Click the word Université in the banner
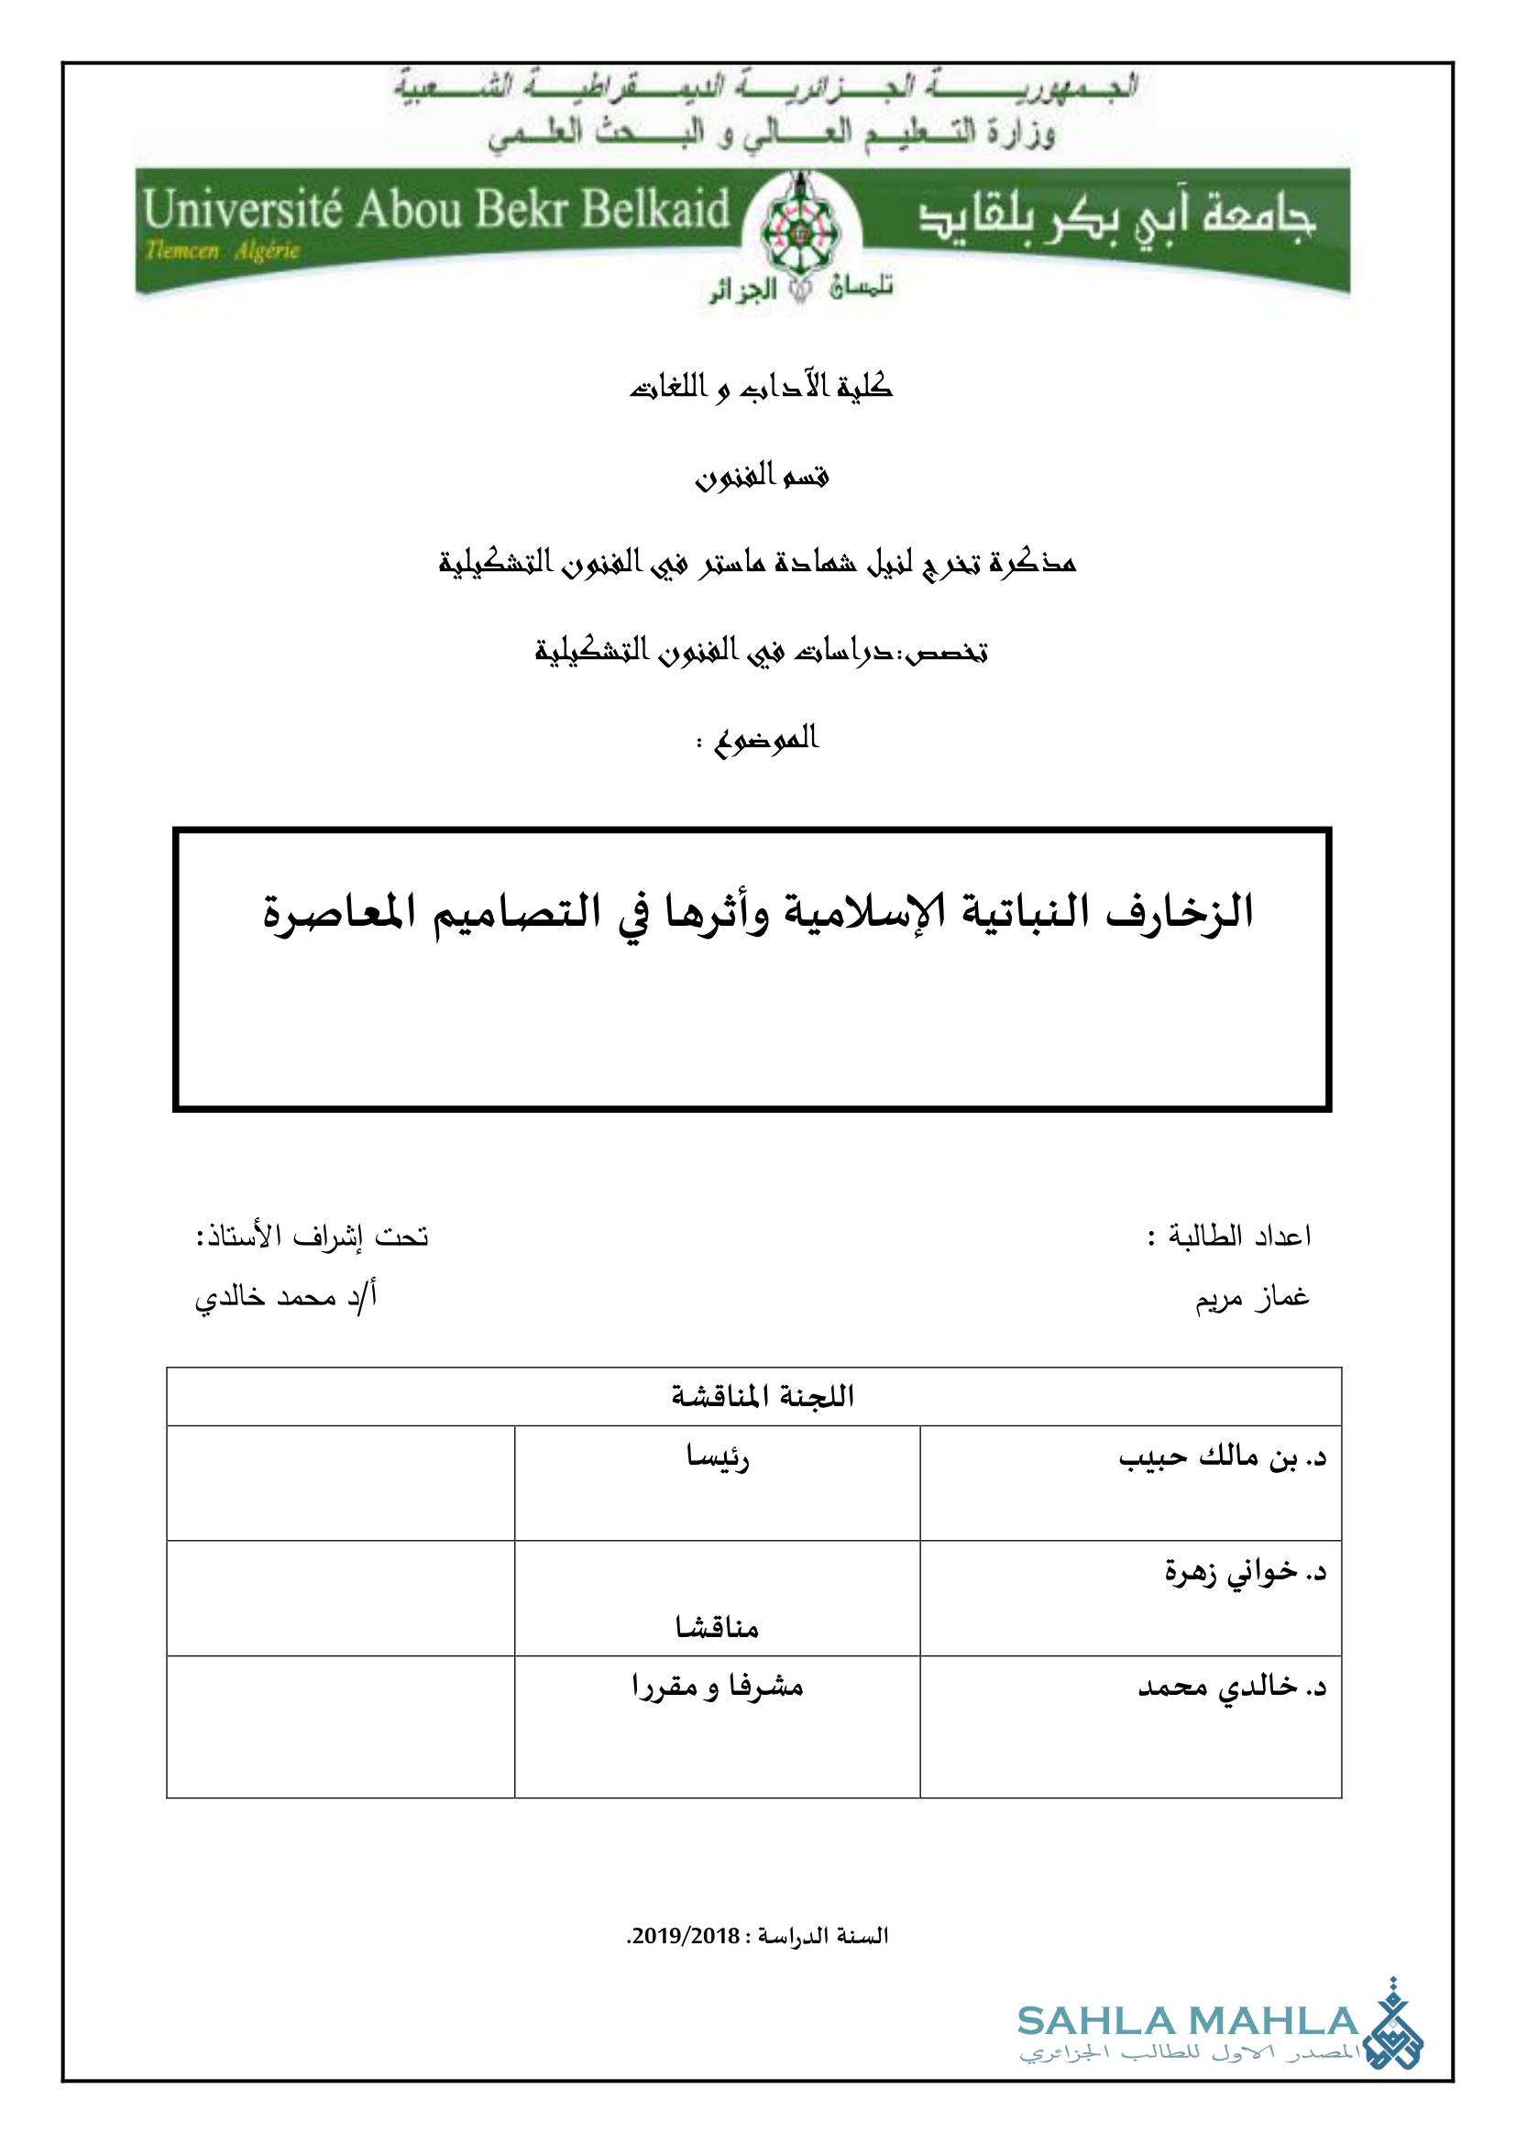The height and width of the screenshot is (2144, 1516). [x=243, y=209]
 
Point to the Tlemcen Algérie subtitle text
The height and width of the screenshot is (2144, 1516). [x=222, y=250]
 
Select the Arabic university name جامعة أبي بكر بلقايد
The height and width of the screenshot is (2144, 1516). [x=1115, y=217]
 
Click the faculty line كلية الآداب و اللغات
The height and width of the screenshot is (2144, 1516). [x=761, y=386]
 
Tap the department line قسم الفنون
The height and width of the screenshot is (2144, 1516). [x=761, y=476]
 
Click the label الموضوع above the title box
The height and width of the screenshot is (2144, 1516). [x=765, y=740]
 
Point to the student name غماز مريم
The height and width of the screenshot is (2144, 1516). [x=1253, y=1297]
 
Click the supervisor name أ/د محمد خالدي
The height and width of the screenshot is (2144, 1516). [x=286, y=1297]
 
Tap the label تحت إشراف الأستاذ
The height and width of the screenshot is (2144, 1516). [x=312, y=1236]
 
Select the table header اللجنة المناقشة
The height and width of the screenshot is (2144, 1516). [x=762, y=1396]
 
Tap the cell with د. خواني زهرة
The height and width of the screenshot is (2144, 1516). [x=1245, y=1573]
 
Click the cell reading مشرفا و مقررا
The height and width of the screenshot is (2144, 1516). [x=717, y=1687]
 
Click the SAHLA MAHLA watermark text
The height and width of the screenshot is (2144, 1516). [x=1186, y=2022]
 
